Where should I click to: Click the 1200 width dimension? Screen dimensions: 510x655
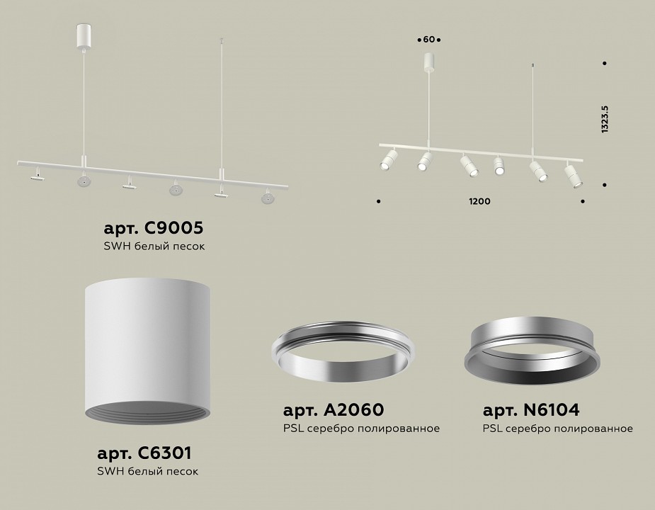[479, 202]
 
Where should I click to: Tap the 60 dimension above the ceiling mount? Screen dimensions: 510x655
[428, 38]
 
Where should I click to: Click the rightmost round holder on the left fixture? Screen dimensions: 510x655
[267, 198]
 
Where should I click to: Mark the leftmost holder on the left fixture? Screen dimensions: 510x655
[36, 175]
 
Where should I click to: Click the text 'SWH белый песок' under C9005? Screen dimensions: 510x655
[154, 246]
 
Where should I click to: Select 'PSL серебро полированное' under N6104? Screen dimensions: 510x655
[557, 429]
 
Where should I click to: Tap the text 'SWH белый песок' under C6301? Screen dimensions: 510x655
[147, 471]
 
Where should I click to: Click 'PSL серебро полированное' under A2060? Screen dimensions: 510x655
[361, 429]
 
